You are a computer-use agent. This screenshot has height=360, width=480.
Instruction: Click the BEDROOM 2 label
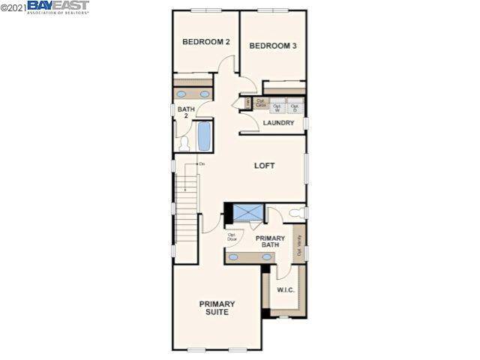[x=206, y=42]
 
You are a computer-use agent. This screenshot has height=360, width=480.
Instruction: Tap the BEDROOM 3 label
[x=273, y=46]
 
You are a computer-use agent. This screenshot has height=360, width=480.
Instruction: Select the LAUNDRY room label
[x=278, y=123]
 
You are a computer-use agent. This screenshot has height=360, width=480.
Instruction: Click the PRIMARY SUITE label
[x=217, y=308]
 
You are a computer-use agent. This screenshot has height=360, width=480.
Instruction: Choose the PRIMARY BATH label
[x=270, y=241]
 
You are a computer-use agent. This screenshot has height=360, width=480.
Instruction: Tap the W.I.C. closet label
[x=285, y=289]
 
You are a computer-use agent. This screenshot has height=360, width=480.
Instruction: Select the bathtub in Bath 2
[x=204, y=136]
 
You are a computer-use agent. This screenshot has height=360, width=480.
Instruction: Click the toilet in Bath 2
[x=184, y=142]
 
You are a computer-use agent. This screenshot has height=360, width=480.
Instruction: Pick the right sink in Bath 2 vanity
[x=205, y=94]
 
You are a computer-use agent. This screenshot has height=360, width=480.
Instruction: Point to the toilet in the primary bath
[x=298, y=213]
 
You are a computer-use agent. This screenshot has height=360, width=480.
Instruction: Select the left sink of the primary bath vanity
[x=234, y=257]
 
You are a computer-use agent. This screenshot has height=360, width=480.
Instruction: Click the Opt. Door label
[x=232, y=237]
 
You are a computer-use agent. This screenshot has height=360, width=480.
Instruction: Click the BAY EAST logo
[x=58, y=7]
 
